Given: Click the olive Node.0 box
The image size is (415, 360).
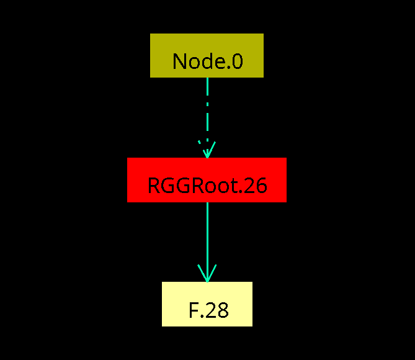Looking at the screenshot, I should click(x=207, y=55).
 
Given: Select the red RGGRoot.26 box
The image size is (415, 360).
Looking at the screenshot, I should click(x=207, y=179).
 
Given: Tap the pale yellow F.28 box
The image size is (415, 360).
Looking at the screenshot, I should click(x=207, y=304).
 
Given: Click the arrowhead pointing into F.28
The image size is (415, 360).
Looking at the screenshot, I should click(x=207, y=274).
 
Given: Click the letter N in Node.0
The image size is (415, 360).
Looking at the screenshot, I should click(x=180, y=61).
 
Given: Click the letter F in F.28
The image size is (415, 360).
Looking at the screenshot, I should click(x=193, y=310).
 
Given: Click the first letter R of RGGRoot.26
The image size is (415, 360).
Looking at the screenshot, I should click(x=154, y=186).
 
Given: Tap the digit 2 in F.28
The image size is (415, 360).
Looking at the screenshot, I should click(x=210, y=310).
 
